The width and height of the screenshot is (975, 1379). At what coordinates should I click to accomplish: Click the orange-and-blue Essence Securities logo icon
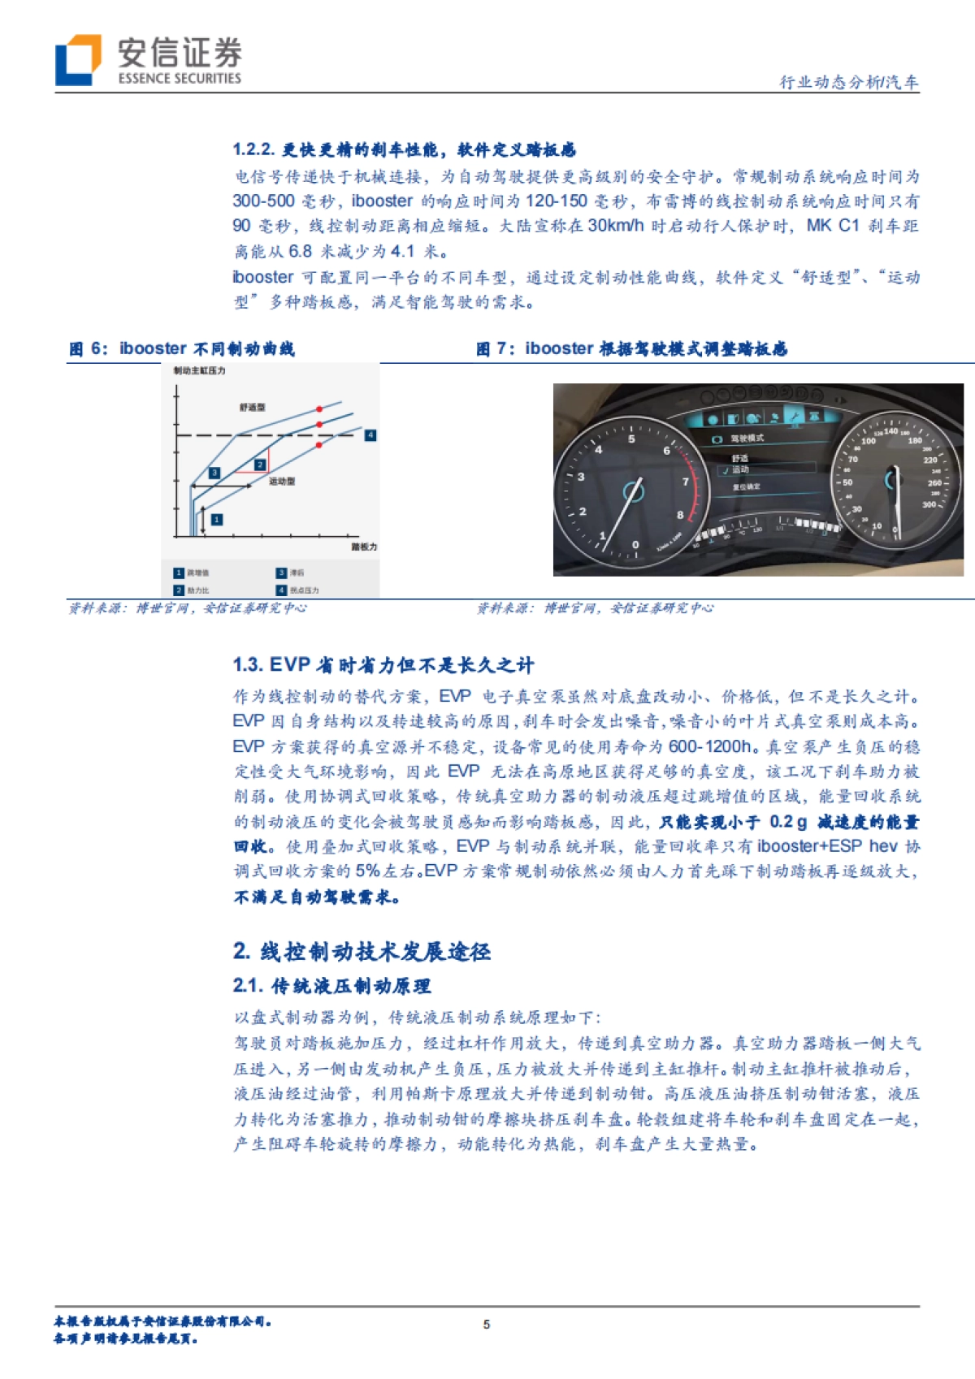pos(78,59)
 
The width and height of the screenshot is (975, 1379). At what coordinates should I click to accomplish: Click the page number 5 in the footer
pos(487,1324)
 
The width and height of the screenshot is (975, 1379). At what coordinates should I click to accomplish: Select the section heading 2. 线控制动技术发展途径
pos(362,951)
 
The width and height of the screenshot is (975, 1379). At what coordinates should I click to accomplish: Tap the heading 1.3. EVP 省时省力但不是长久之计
pos(383,665)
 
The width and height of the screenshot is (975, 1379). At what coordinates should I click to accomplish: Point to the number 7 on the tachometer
pos(686,482)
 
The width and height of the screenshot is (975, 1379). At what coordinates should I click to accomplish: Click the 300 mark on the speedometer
pos(929,504)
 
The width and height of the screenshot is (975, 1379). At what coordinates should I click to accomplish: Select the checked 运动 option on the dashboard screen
pos(739,469)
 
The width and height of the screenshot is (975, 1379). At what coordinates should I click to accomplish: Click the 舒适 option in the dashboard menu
pos(739,458)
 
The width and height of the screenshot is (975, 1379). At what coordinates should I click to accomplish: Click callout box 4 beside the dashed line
pos(370,435)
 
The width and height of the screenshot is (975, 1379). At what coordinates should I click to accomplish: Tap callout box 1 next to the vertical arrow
pos(217,519)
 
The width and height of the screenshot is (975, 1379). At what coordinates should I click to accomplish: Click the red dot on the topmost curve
pos(319,409)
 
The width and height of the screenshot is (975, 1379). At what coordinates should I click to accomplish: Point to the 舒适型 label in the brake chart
pos(252,407)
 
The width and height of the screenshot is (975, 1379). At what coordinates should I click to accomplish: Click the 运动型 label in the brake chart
pos(282,481)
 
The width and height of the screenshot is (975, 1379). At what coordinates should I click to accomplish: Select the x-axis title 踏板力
pos(364,547)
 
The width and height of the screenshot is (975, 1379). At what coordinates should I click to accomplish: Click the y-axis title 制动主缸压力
pos(199,370)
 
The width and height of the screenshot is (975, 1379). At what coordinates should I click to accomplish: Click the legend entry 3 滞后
pos(291,573)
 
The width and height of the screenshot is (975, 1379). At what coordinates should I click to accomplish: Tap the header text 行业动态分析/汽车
pos(848,82)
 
